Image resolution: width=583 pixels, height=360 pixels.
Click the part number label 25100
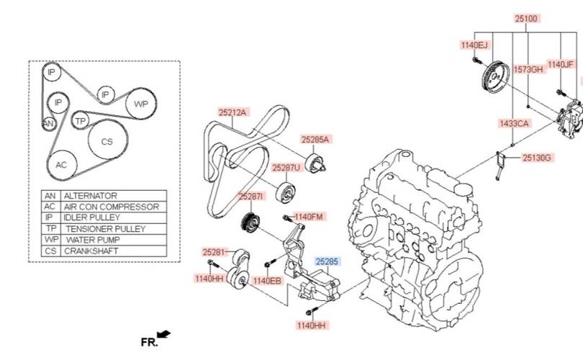[526, 18]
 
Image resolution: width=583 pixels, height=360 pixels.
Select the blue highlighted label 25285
[327, 261]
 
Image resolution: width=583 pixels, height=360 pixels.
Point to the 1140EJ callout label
[474, 45]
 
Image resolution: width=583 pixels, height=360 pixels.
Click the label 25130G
[536, 158]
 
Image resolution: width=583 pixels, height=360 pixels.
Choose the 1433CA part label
[514, 123]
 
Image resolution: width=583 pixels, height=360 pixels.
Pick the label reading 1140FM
[308, 217]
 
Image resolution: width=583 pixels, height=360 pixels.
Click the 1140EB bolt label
[267, 281]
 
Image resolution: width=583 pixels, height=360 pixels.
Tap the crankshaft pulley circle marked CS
[107, 140]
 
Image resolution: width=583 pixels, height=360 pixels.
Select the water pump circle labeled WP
[140, 104]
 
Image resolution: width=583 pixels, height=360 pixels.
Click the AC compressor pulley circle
[62, 165]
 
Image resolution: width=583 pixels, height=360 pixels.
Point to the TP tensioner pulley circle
[80, 120]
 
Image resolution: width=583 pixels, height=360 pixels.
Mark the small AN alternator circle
[49, 123]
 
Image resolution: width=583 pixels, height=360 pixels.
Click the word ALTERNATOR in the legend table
[91, 196]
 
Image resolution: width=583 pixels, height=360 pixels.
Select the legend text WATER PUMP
[93, 240]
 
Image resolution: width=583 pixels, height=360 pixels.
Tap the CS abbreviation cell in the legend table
[50, 251]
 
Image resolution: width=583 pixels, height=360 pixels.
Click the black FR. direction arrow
[163, 334]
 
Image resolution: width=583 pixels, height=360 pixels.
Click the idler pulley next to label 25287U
[286, 192]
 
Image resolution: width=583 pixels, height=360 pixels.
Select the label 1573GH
[528, 70]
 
